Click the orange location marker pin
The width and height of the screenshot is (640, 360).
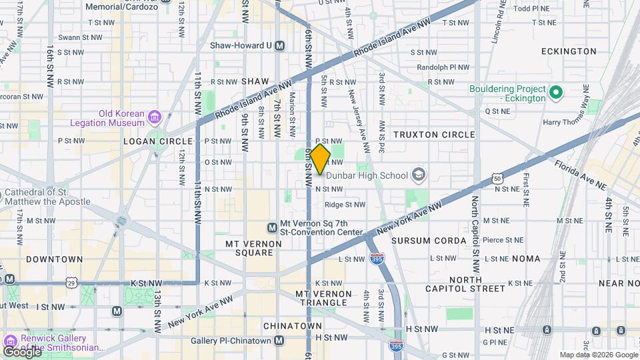(x=320, y=159)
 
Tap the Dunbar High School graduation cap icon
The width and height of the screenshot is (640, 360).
(x=418, y=175)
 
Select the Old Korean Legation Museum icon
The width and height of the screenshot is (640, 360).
(x=155, y=117)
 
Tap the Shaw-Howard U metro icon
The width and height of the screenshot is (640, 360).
(x=279, y=46)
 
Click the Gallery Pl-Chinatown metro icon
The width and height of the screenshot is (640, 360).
(x=279, y=341)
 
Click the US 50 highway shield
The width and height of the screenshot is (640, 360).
(x=497, y=178)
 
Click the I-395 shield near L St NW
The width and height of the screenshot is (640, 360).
(x=377, y=259)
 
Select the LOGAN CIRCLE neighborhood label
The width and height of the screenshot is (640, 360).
(x=158, y=141)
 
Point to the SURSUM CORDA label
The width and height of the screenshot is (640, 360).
(x=429, y=241)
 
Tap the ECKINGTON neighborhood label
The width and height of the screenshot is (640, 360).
(x=569, y=51)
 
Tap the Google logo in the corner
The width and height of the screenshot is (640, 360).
(x=22, y=351)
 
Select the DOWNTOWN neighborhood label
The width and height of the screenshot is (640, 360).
(x=55, y=259)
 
